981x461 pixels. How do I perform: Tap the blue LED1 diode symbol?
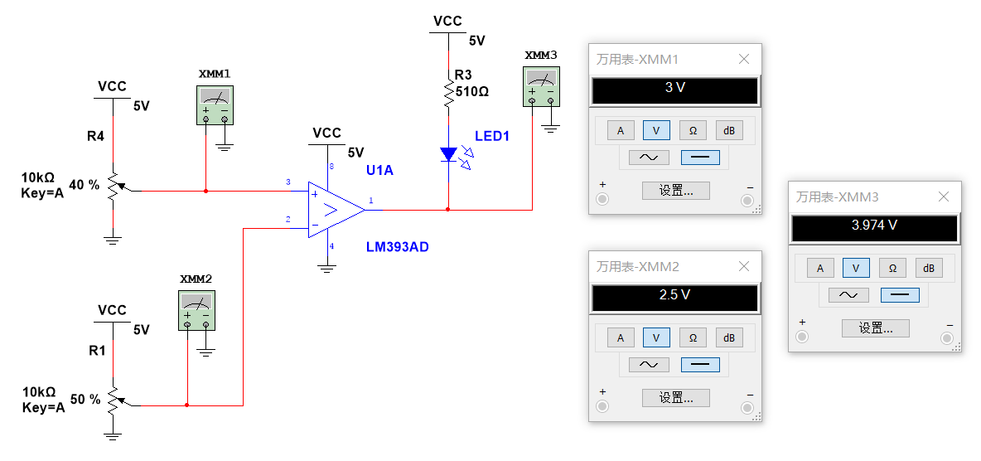(448, 154)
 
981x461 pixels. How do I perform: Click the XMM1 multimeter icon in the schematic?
(215, 105)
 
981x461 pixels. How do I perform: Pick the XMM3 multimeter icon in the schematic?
(541, 86)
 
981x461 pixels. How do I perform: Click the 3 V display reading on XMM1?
(674, 88)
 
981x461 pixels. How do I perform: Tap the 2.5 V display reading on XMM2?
(674, 295)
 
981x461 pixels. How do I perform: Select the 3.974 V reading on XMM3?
(874, 226)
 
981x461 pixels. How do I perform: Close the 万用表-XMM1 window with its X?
(743, 60)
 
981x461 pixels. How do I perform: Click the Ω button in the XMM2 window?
(693, 337)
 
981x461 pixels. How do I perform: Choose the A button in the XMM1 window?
(621, 130)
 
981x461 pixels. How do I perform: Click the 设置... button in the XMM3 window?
(875, 328)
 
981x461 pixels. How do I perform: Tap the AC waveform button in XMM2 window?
(649, 364)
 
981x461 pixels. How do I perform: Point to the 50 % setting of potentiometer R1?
(85, 399)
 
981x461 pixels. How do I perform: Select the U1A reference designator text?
(379, 170)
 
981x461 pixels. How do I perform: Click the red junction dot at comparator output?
(448, 210)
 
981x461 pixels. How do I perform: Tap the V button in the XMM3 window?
(856, 268)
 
